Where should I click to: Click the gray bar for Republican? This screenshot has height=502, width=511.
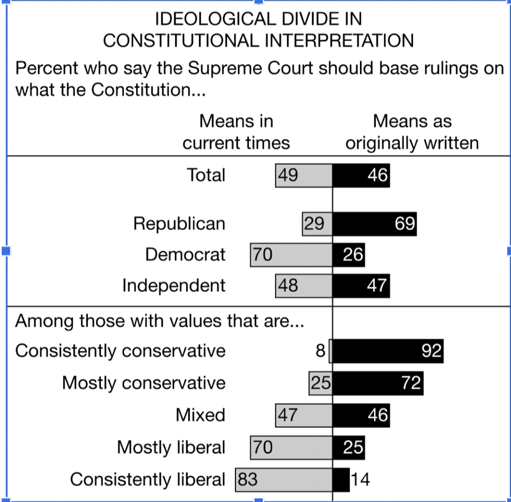pyautogui.click(x=317, y=224)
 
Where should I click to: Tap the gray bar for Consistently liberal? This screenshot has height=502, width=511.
pyautogui.click(x=284, y=480)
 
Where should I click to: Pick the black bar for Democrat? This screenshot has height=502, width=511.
pyautogui.click(x=349, y=255)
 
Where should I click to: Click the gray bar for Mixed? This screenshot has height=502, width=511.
pyautogui.click(x=304, y=415)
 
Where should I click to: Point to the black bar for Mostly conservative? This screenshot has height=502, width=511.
pyautogui.click(x=378, y=384)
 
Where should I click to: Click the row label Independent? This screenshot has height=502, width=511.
pyautogui.click(x=174, y=286)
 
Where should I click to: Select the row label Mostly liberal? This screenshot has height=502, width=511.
pyautogui.click(x=171, y=447)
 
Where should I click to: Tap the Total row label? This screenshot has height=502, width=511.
pyautogui.click(x=206, y=175)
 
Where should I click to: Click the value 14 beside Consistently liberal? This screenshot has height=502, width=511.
pyautogui.click(x=360, y=480)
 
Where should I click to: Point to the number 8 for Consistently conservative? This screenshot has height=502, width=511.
pyautogui.click(x=321, y=351)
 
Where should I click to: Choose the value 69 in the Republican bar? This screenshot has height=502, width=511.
pyautogui.click(x=405, y=224)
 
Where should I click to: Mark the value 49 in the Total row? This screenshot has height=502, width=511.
pyautogui.click(x=288, y=175)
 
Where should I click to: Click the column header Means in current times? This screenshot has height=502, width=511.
pyautogui.click(x=236, y=132)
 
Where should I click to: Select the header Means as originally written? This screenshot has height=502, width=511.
pyautogui.click(x=412, y=132)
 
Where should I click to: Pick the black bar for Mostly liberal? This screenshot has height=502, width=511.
pyautogui.click(x=349, y=447)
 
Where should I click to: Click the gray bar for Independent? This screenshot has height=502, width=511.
pyautogui.click(x=304, y=286)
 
